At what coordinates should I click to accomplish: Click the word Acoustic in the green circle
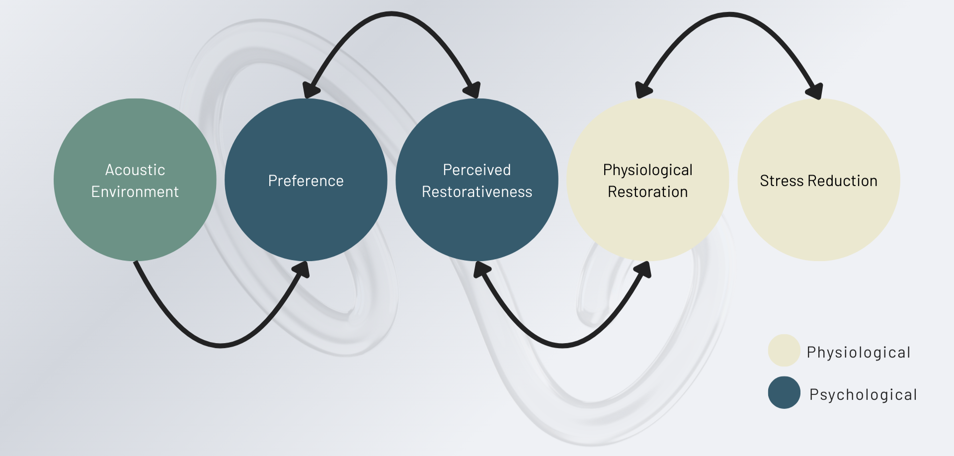coord(135,170)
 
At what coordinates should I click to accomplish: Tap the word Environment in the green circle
coord(135,192)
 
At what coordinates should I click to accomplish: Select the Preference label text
coord(306,181)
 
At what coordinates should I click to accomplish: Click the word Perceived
coord(477,170)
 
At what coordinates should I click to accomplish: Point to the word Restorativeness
coord(477,192)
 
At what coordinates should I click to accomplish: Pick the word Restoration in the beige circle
coord(647,192)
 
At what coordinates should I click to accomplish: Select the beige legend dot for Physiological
coord(784,351)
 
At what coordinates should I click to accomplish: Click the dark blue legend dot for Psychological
coord(784,392)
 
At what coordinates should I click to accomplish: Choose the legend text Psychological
coord(863,394)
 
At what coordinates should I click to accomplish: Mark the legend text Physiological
coord(859,353)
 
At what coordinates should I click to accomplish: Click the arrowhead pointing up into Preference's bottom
coord(302,269)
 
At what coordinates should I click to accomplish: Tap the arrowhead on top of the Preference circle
coord(310,90)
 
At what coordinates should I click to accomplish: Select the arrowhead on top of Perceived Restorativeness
coord(472,90)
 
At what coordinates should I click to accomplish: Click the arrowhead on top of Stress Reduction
coord(815,91)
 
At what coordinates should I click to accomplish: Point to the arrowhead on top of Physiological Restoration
coord(643,90)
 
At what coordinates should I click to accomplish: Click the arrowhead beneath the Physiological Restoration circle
coord(643,269)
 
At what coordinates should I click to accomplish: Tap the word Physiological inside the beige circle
coord(647,170)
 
